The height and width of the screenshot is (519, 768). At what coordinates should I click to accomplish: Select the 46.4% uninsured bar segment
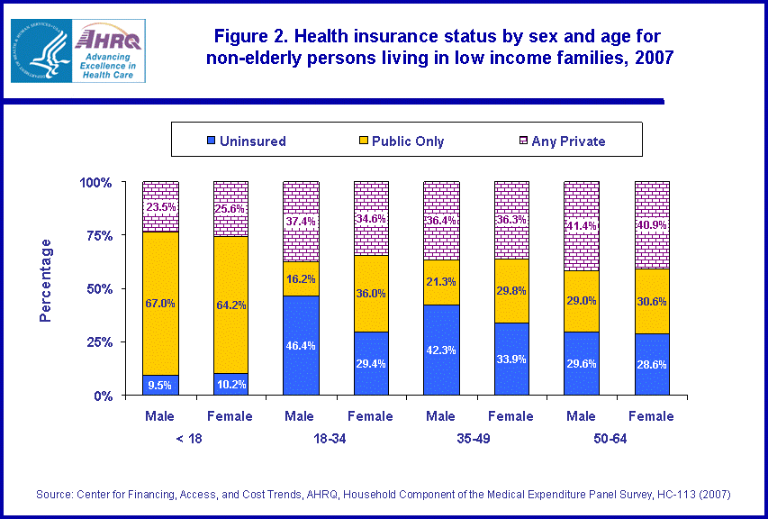tap(301, 345)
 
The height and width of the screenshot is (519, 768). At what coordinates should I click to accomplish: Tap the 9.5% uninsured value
tap(160, 385)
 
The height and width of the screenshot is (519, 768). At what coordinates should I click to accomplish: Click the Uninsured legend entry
tap(247, 141)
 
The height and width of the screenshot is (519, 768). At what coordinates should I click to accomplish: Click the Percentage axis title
tap(46, 280)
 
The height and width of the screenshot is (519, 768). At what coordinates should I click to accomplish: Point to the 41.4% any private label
tap(582, 224)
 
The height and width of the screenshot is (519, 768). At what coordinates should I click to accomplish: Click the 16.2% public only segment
tap(301, 278)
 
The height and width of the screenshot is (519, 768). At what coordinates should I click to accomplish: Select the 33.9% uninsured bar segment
tap(511, 358)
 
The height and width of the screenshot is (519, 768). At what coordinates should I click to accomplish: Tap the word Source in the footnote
tap(54, 495)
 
